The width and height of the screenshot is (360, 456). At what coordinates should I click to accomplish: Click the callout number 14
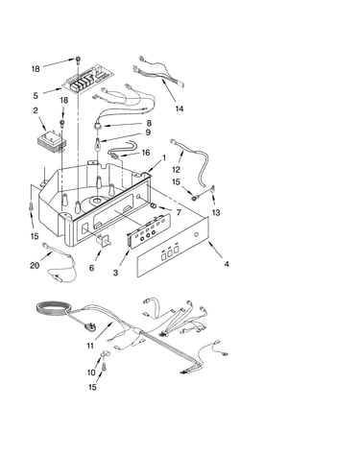(x=180, y=108)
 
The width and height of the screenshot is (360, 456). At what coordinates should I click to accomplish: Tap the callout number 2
(x=36, y=110)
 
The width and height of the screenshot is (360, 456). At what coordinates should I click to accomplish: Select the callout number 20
(x=35, y=265)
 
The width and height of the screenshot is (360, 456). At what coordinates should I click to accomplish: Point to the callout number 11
(x=90, y=346)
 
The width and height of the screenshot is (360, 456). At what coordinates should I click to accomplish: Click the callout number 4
(x=227, y=264)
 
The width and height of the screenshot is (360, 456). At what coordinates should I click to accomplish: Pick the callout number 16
(x=146, y=153)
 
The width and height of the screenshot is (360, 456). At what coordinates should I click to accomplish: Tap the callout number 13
(x=216, y=212)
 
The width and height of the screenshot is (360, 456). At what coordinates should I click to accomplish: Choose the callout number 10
(x=91, y=372)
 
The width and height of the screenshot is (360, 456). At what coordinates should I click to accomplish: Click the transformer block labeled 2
(x=52, y=140)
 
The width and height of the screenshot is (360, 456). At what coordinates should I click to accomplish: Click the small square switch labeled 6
(x=105, y=240)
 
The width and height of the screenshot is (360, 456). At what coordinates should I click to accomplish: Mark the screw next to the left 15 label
(x=31, y=206)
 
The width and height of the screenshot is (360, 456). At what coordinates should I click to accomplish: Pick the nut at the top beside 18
(x=78, y=60)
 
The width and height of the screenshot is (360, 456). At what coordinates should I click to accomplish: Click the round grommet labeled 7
(x=154, y=205)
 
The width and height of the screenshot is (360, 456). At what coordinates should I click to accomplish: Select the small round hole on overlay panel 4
(x=196, y=235)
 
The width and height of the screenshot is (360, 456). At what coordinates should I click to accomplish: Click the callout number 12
(x=177, y=169)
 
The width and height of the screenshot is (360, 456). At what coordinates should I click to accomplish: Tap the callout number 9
(x=148, y=132)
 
